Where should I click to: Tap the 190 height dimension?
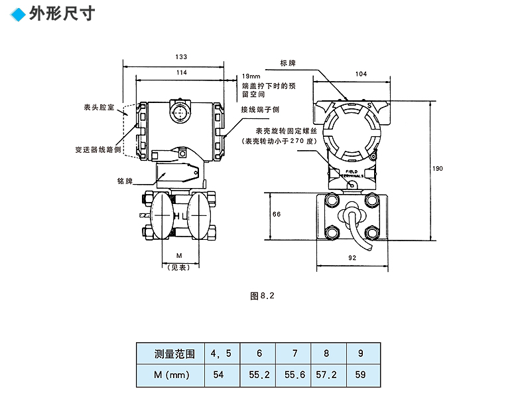pyautogui.click(x=437, y=169)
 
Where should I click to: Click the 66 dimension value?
pyautogui.click(x=277, y=214)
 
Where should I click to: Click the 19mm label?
pyautogui.click(x=251, y=76)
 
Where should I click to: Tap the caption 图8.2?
pyautogui.click(x=262, y=296)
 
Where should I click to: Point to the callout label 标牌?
pyautogui.click(x=288, y=63)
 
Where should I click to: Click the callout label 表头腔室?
pyautogui.click(x=99, y=106)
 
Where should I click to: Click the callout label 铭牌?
pyautogui.click(x=125, y=181)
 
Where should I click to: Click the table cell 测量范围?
pyautogui.click(x=170, y=354)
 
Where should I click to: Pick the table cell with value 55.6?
pyautogui.click(x=295, y=375)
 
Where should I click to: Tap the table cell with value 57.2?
pyautogui.click(x=326, y=375)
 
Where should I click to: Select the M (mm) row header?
pyautogui.click(x=170, y=375)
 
